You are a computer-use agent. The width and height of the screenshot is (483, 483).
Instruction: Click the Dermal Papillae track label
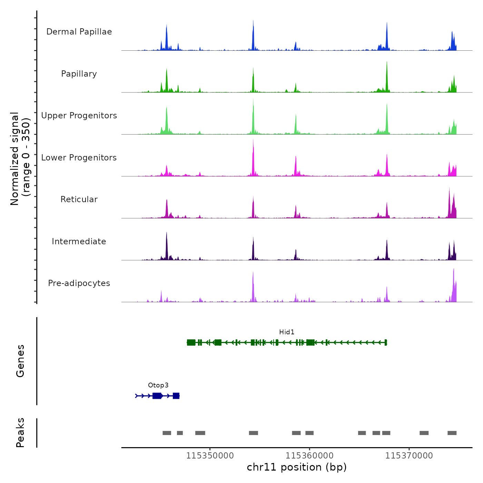(x=79, y=32)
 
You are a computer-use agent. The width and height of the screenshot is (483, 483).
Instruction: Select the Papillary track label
(x=79, y=74)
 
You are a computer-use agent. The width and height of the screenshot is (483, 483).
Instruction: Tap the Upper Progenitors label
(x=79, y=116)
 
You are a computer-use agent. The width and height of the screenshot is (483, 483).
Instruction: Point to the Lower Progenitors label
(x=79, y=158)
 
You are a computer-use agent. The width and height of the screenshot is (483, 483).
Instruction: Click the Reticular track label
(x=79, y=199)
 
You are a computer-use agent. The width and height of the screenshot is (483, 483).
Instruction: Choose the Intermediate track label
(x=79, y=241)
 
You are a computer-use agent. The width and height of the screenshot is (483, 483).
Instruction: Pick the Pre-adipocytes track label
(x=79, y=283)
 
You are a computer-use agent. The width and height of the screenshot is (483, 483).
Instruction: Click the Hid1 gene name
(x=287, y=332)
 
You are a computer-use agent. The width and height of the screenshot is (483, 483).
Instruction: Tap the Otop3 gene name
(x=158, y=385)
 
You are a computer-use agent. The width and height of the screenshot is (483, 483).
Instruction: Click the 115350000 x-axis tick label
(x=210, y=456)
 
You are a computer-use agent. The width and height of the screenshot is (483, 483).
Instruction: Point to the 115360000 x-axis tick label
(x=309, y=456)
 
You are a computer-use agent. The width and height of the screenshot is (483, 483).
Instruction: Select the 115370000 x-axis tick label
(x=409, y=456)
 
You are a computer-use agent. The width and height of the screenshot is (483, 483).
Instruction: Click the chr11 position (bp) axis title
(x=297, y=467)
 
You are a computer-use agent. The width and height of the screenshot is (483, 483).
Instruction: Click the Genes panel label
(x=20, y=361)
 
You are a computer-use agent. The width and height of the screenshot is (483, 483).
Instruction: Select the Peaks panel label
(x=20, y=433)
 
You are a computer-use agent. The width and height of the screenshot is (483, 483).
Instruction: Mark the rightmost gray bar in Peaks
(x=452, y=433)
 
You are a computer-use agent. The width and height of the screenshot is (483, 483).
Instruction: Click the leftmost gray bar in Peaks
(x=167, y=433)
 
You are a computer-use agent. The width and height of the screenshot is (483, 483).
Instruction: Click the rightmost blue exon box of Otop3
(x=176, y=396)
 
